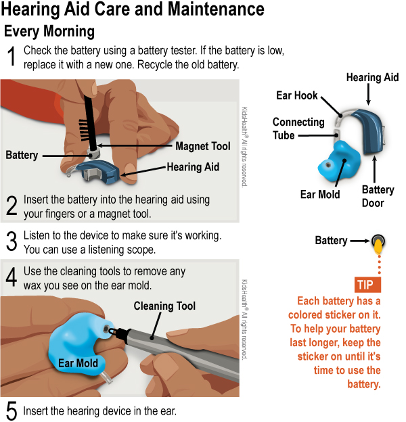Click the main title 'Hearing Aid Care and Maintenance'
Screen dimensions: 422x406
coord(133,10)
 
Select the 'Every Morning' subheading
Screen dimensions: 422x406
coord(49,32)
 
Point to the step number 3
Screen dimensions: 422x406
coord(11,241)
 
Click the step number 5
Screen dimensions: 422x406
coord(11,411)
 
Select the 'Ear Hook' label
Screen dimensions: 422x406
coord(296,95)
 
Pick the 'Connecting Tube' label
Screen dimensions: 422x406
coord(293,128)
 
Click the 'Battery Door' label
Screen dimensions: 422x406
coord(378,196)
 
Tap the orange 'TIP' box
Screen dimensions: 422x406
coord(367,284)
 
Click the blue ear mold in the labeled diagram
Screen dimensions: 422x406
coord(342,162)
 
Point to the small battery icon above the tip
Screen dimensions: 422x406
coord(377,241)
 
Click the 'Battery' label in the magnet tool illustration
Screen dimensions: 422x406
coord(22,155)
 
